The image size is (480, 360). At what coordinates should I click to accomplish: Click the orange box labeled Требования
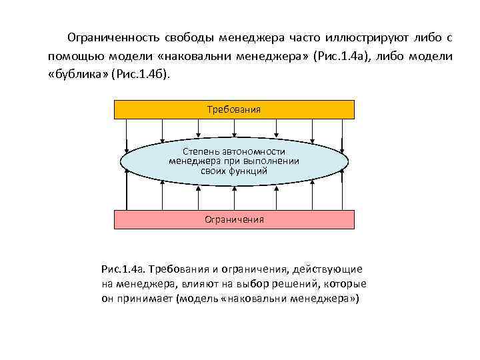(234, 109)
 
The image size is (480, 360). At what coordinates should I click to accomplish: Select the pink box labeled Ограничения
(234, 219)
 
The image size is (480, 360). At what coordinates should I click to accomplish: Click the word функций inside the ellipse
(248, 171)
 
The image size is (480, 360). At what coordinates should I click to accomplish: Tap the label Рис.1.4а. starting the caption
(123, 269)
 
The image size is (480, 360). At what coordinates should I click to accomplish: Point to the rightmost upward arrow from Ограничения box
(343, 193)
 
